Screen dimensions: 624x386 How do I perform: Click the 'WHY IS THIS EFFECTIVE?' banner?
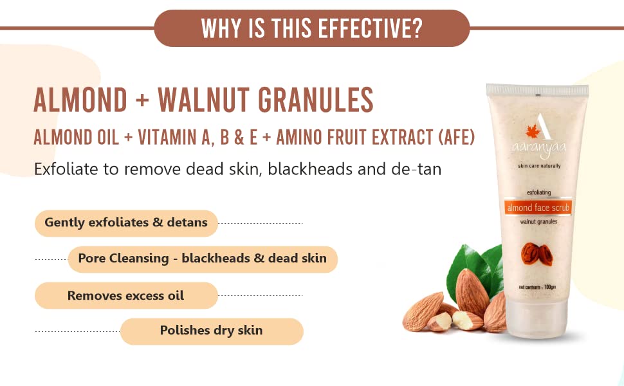pyautogui.click(x=311, y=28)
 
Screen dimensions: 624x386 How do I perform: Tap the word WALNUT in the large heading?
pyautogui.click(x=204, y=100)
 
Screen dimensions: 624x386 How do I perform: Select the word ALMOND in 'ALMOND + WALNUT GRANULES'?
pyautogui.click(x=80, y=100)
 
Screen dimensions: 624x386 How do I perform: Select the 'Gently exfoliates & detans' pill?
pyautogui.click(x=126, y=223)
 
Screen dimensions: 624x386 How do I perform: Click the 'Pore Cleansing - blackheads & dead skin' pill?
pyautogui.click(x=203, y=259)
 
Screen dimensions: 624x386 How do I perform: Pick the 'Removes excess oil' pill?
pyautogui.click(x=126, y=296)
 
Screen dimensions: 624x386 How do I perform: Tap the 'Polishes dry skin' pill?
pyautogui.click(x=212, y=331)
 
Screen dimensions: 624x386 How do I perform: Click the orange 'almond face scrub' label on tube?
pyautogui.click(x=538, y=207)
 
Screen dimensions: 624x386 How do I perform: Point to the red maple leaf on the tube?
pyautogui.click(x=533, y=131)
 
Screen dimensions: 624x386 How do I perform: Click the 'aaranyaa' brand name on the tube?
pyautogui.click(x=538, y=149)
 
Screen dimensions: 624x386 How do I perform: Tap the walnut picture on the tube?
pyautogui.click(x=537, y=254)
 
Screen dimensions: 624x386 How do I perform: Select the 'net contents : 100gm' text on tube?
pyautogui.click(x=537, y=287)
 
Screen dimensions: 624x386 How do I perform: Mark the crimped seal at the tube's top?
pyautogui.click(x=537, y=90)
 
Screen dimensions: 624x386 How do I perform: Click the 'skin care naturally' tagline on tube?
pyautogui.click(x=539, y=165)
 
